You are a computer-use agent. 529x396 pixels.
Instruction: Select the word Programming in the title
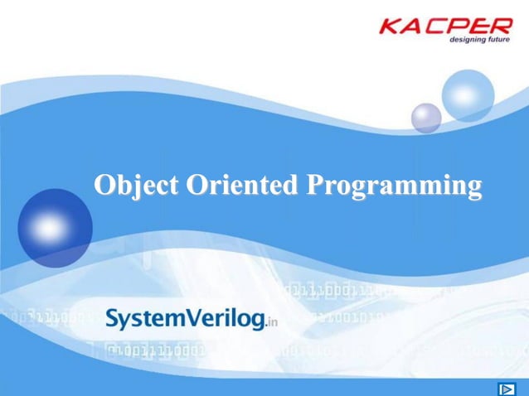(x=394, y=186)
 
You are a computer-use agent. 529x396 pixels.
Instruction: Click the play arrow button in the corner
(x=506, y=388)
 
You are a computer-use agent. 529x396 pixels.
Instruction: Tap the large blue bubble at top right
(x=467, y=95)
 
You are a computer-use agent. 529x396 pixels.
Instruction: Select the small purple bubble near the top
(x=426, y=117)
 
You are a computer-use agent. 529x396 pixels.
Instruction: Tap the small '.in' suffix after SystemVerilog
(x=270, y=324)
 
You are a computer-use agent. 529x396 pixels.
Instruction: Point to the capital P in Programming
(x=316, y=184)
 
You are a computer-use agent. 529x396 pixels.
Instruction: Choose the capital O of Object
(x=104, y=184)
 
